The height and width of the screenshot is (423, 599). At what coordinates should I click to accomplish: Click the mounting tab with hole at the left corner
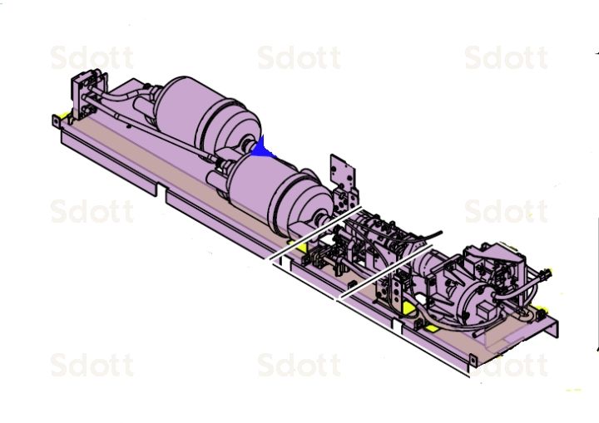pos(57,121)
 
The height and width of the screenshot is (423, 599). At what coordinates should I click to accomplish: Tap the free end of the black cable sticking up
pos(439,234)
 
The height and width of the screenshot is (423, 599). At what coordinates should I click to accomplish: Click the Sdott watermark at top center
pos(299,58)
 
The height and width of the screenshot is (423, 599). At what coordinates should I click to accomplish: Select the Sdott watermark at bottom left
pos(92,365)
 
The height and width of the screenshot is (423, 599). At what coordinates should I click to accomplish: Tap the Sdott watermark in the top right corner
pos(506,58)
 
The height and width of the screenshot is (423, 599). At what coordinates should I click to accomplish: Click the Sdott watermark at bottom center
pos(299,365)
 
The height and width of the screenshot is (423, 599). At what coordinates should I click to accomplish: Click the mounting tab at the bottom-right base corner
pos(473,362)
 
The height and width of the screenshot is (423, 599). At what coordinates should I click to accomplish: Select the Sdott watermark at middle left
pos(92,211)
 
